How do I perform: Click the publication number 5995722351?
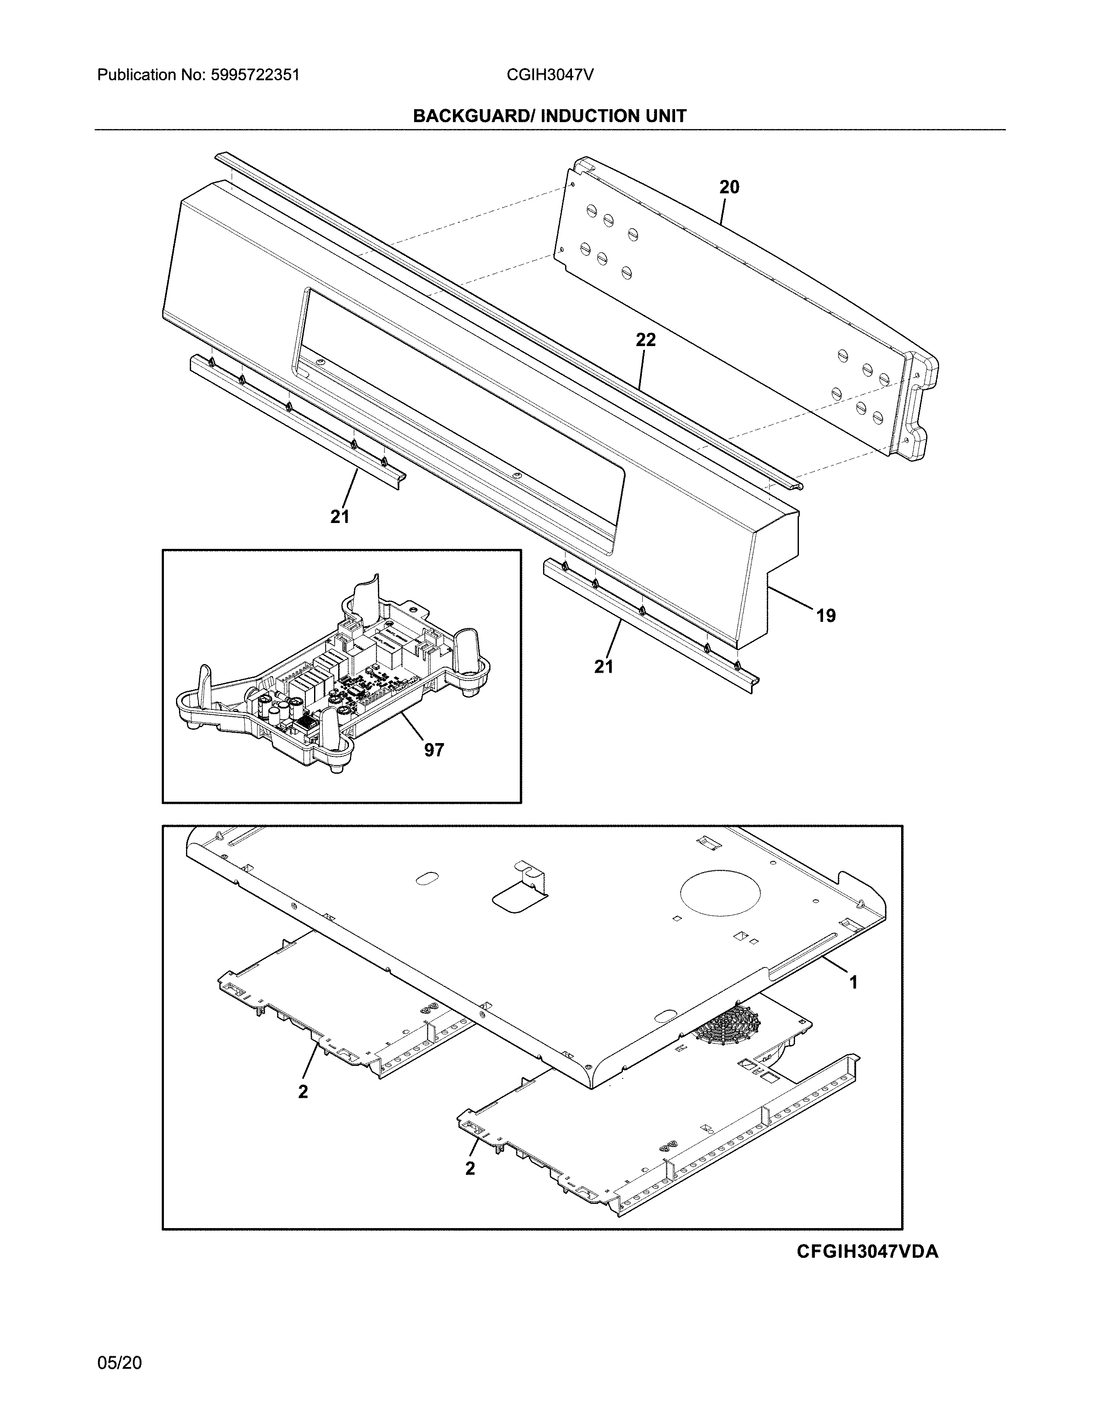pos(255,75)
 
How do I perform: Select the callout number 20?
pos(729,187)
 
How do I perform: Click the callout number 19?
pos(826,615)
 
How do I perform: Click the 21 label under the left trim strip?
pos(339,517)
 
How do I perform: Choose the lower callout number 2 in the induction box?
pos(470,1169)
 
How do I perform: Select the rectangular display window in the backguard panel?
pos(456,417)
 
